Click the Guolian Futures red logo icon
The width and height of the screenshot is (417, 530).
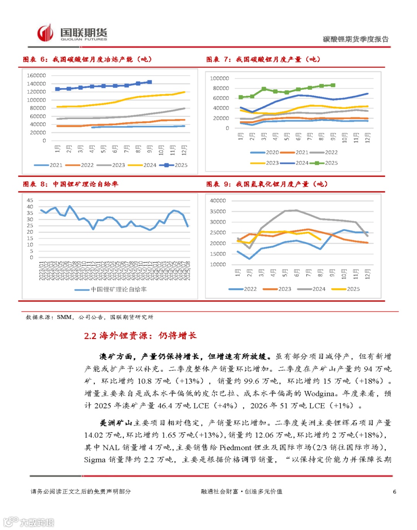point(45,33)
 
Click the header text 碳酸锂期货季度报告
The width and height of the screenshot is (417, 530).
point(356,39)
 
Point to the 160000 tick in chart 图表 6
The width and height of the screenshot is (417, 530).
point(36,75)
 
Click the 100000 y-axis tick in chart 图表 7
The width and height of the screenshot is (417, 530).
point(219,78)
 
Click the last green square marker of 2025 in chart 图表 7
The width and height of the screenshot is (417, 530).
point(333,85)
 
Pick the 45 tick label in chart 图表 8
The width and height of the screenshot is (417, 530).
point(30,200)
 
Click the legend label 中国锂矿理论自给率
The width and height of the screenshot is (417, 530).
point(119,289)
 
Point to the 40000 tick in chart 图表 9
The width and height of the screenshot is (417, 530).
point(218,201)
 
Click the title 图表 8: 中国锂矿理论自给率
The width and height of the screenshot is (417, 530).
point(70,184)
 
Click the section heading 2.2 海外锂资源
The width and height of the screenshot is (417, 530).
point(140,336)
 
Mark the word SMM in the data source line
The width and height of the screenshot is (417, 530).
point(64,317)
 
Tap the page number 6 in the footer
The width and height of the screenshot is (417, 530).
point(394,492)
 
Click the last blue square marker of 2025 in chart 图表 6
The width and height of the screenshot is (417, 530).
point(150,82)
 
